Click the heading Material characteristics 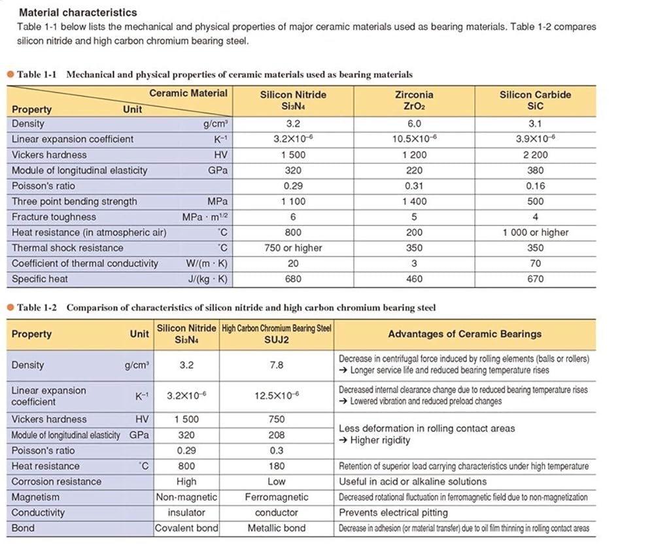click(x=78, y=12)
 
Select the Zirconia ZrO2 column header click(x=414, y=100)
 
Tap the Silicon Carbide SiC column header click(x=535, y=100)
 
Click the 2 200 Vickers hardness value click(x=535, y=155)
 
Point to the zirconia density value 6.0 click(x=414, y=124)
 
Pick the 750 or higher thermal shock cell click(x=293, y=248)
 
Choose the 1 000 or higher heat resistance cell click(x=535, y=232)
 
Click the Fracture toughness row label click(x=54, y=217)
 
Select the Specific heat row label click(x=39, y=279)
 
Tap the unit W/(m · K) click(x=205, y=263)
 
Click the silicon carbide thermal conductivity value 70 click(x=535, y=263)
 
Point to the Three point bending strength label click(x=75, y=201)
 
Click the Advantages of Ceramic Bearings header click(x=464, y=334)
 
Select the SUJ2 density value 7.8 click(x=277, y=365)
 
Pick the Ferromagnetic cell click(x=277, y=497)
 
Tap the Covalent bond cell click(x=186, y=528)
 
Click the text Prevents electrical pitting click(x=393, y=512)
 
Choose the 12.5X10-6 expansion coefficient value click(x=277, y=396)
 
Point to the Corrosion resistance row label click(x=56, y=482)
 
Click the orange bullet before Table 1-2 click(x=10, y=307)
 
